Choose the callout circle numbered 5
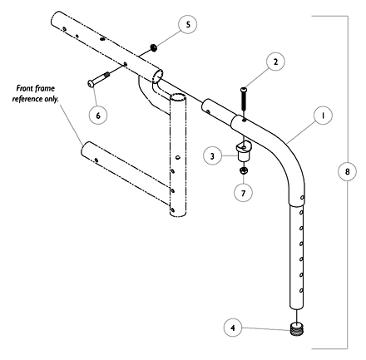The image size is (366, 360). pyautogui.click(x=188, y=24)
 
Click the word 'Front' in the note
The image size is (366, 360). pyautogui.click(x=23, y=87)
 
